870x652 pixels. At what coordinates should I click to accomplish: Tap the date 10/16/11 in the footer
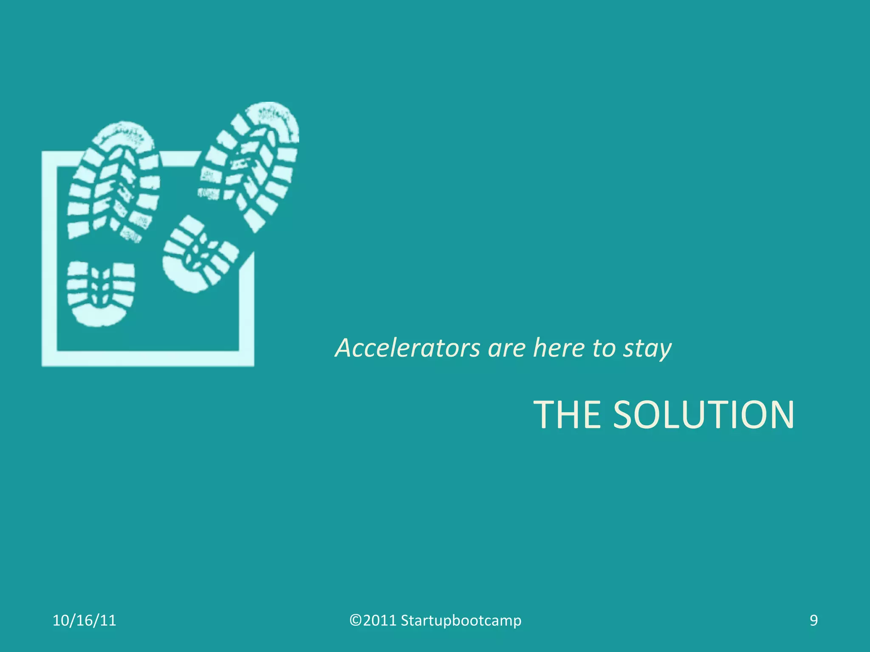pos(84,621)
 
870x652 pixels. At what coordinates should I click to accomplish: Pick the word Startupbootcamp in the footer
pos(461,621)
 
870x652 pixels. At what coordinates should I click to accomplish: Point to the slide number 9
pos(814,621)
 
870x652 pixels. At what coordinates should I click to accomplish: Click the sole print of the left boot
pos(114,183)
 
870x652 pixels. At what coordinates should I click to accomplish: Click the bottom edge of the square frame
pos(148,358)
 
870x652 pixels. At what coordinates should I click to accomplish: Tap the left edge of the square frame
pos(49,259)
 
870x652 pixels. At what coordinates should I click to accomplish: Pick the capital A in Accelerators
pos(345,348)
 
